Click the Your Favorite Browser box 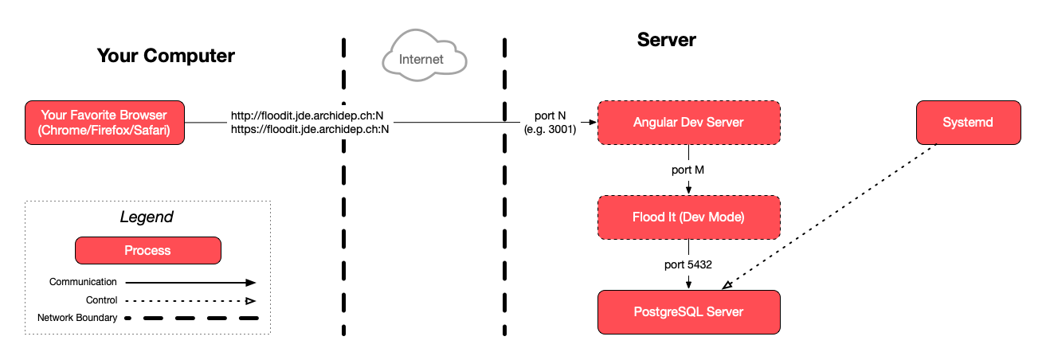tap(104, 123)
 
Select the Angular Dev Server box tap(688, 123)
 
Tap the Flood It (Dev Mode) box tap(688, 217)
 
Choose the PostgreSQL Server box tap(688, 311)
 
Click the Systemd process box tap(968, 123)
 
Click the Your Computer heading tap(166, 56)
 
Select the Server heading tap(666, 40)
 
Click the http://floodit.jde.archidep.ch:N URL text tap(308, 115)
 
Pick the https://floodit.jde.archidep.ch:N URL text tap(310, 129)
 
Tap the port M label tap(688, 170)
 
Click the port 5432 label tap(688, 264)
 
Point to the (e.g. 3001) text tap(550, 129)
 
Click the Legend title tap(147, 217)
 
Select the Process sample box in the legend tap(147, 250)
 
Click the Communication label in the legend tap(83, 282)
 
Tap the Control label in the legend tap(101, 300)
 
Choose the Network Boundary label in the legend tap(77, 318)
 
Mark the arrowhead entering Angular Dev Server tap(591, 123)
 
